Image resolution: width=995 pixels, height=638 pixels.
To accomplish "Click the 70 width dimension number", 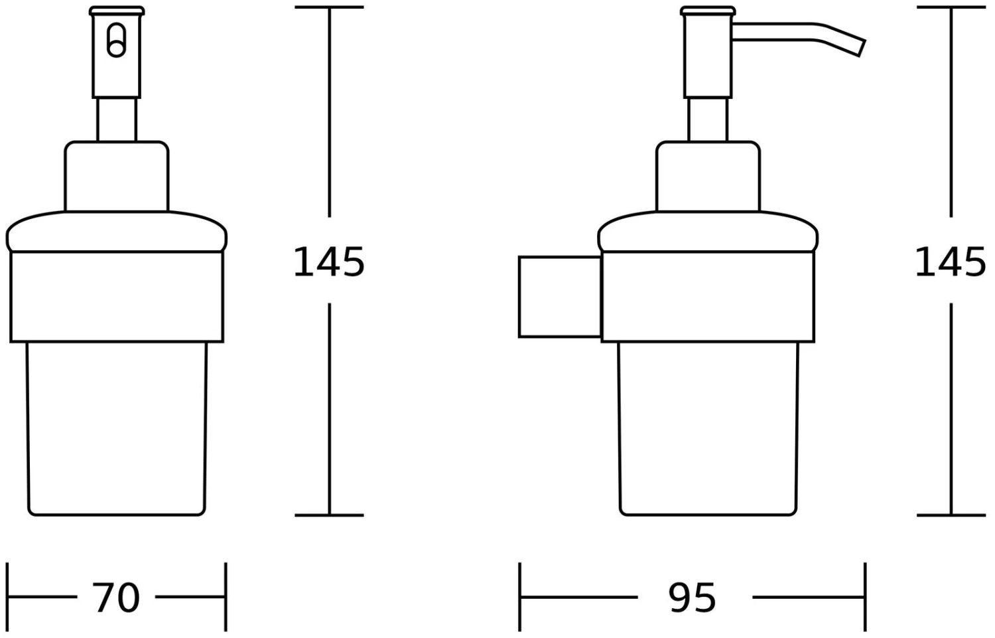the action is pyautogui.click(x=116, y=598).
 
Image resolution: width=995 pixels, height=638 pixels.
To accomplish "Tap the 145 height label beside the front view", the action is pyautogui.click(x=329, y=262).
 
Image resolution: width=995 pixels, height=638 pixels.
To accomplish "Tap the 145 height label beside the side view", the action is pyautogui.click(x=950, y=262).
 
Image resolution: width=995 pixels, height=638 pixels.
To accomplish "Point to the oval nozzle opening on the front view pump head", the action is pyautogui.click(x=116, y=40).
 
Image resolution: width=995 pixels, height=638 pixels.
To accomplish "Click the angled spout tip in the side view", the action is pyautogui.click(x=861, y=48).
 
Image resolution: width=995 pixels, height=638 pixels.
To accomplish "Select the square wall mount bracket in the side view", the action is pyautogui.click(x=560, y=297).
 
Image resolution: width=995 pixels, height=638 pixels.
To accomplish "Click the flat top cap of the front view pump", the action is pyautogui.click(x=117, y=11).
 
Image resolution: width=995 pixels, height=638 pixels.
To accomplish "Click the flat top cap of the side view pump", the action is pyautogui.click(x=708, y=11).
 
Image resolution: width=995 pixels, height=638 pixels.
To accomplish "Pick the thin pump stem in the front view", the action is pyautogui.click(x=117, y=120).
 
